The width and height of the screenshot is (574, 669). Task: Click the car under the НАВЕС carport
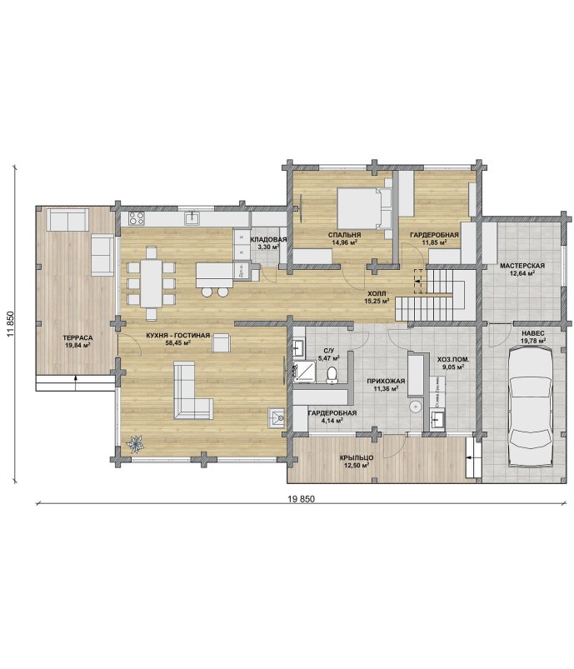[531, 409]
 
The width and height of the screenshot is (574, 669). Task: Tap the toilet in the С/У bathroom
[332, 374]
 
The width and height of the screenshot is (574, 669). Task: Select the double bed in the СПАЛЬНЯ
[364, 209]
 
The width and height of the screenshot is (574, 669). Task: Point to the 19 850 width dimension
[301, 498]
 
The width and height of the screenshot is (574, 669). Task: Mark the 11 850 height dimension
[11, 324]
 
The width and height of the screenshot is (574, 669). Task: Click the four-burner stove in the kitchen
[137, 218]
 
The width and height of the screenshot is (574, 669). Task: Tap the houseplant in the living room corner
[136, 443]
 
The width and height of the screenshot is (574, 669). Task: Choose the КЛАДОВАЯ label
[268, 240]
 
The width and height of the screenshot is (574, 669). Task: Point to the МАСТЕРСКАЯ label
[522, 266]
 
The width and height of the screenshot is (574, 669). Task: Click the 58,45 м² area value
[177, 342]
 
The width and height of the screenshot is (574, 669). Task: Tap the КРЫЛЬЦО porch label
[357, 458]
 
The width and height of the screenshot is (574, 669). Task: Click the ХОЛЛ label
[377, 293]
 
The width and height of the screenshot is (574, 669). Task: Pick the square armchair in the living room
[222, 342]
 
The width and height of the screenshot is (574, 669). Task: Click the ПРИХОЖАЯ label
[386, 381]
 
